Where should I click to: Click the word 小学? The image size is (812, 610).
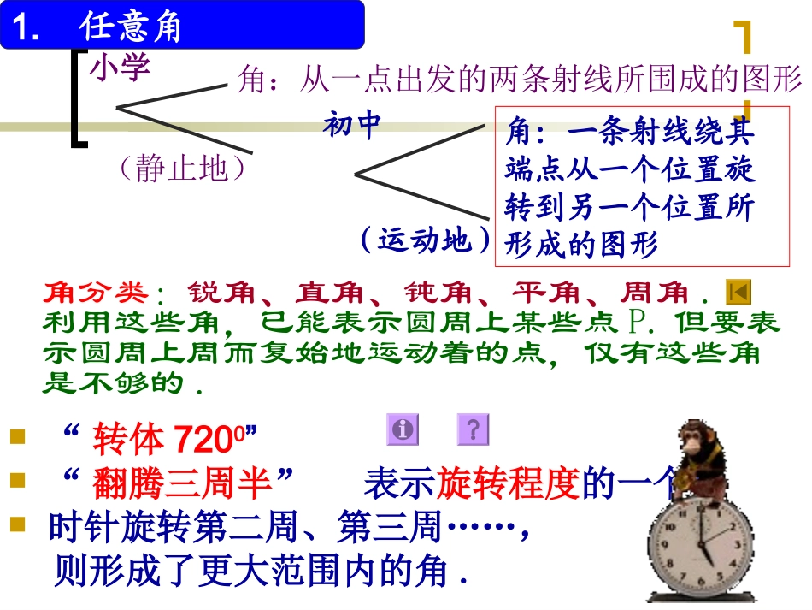(x=120, y=67)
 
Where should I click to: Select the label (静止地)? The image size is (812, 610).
(x=183, y=168)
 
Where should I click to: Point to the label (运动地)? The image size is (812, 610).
(x=425, y=240)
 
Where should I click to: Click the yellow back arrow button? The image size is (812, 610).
(x=738, y=293)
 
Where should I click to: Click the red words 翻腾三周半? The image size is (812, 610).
(x=183, y=485)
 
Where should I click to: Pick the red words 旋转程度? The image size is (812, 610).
(x=509, y=485)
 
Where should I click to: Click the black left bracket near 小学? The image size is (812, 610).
(x=78, y=98)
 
